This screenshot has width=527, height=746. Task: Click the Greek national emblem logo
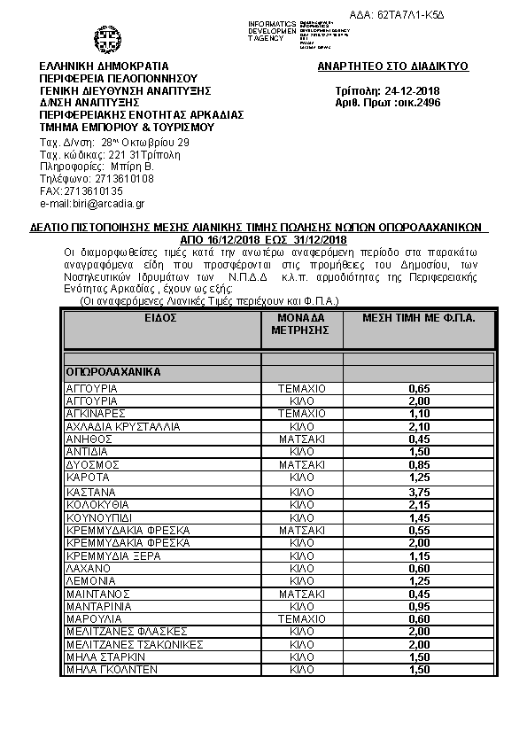coord(108,39)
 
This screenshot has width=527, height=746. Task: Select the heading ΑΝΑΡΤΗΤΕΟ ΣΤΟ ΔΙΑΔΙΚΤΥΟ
coord(392,66)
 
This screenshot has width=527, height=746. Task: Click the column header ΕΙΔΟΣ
coord(161,317)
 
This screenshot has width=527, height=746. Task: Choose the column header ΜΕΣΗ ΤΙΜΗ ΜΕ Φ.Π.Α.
coord(413,317)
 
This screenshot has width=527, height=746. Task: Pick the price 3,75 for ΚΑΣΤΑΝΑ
coord(418,492)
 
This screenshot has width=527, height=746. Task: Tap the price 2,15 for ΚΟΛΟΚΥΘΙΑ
coord(418,504)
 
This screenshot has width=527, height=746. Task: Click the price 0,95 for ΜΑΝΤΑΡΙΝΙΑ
coord(418,606)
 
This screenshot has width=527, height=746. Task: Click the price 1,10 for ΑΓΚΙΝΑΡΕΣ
coord(418,414)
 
